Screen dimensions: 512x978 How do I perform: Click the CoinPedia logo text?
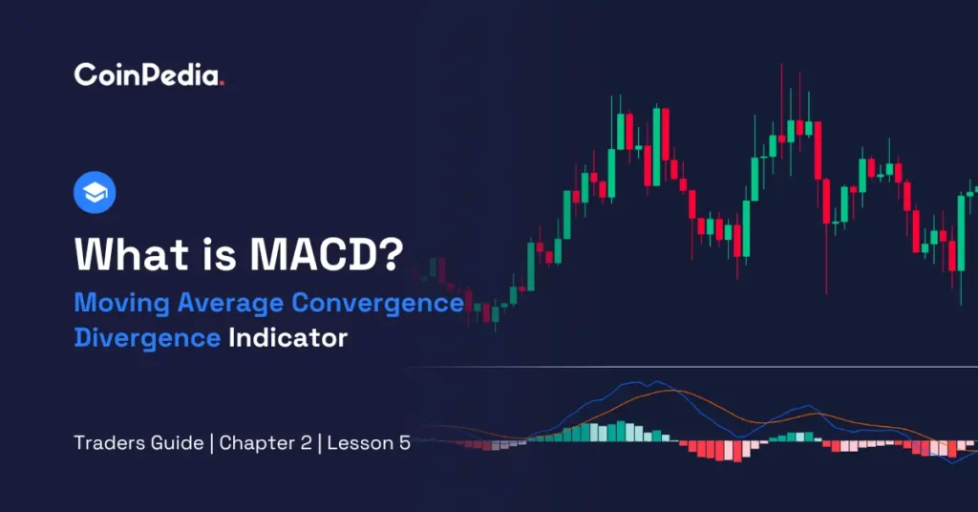click(146, 76)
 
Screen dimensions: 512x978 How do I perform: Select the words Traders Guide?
click(138, 444)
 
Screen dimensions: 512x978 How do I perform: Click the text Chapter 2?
click(260, 444)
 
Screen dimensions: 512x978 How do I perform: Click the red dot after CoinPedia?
click(222, 83)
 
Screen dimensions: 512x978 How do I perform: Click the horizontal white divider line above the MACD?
click(688, 367)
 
